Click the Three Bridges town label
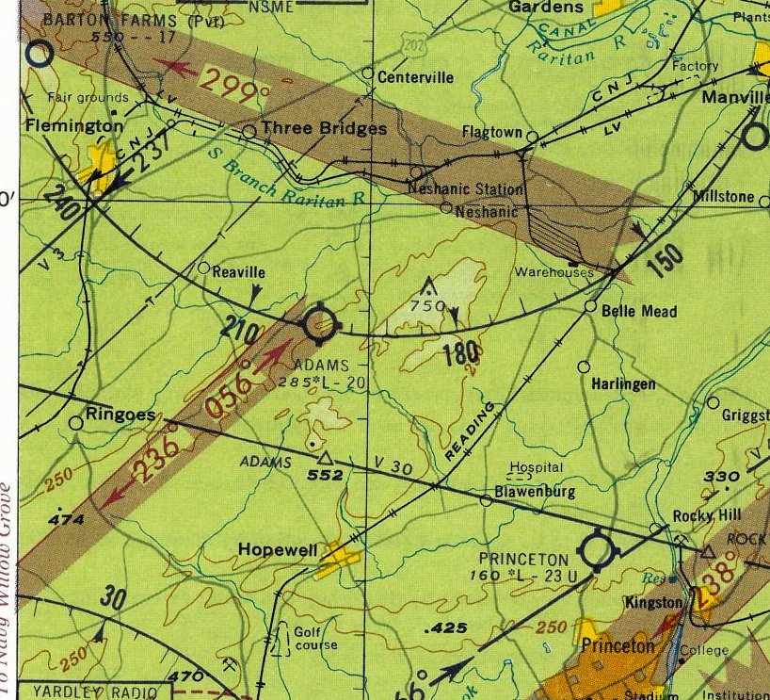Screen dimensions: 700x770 (x=323, y=129)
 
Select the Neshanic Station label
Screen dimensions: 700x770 (x=466, y=189)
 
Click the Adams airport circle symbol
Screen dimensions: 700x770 (x=320, y=324)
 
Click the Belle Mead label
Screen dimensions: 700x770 (x=639, y=311)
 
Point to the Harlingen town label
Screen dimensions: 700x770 (x=624, y=384)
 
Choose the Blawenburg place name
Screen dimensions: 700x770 (x=534, y=492)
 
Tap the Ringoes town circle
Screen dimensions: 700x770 (x=76, y=423)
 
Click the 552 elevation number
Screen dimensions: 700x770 (x=324, y=476)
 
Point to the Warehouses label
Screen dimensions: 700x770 (x=553, y=272)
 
